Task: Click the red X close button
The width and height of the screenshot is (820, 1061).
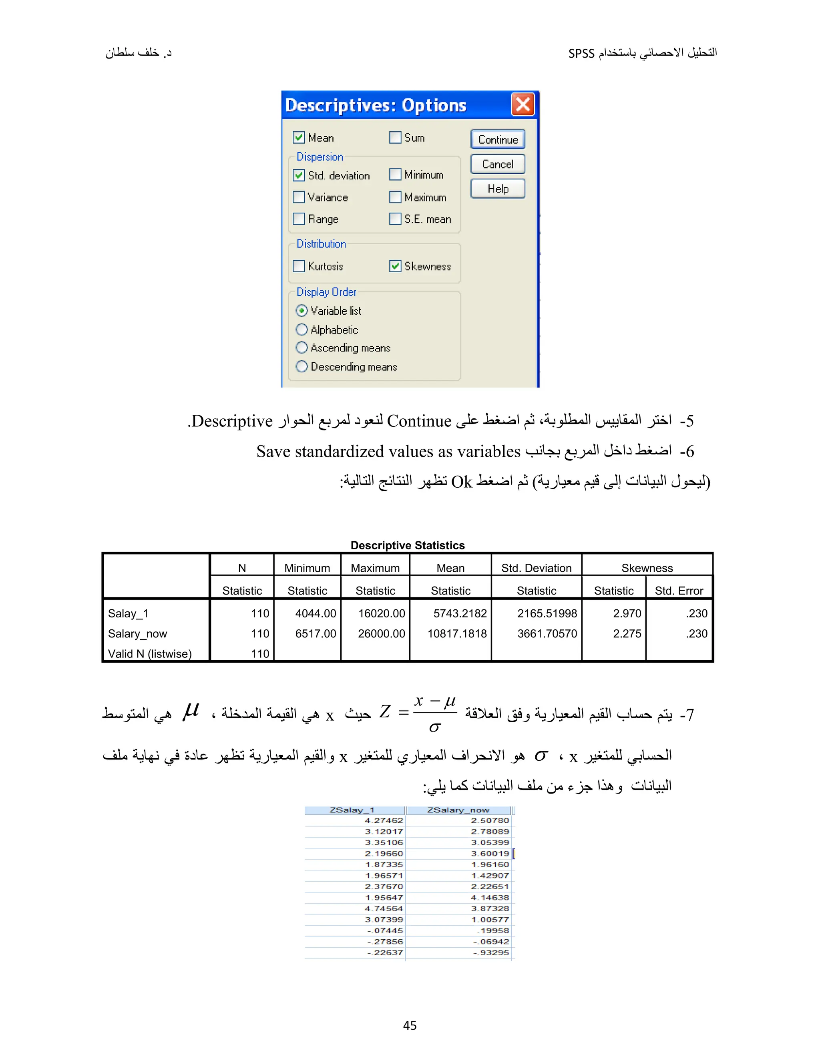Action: (x=523, y=104)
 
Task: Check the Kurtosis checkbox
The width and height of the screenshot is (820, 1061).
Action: (x=299, y=266)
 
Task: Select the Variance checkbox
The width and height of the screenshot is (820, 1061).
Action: (x=299, y=197)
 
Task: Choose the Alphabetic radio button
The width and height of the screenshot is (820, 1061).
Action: (x=301, y=330)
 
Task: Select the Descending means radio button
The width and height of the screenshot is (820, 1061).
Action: (x=301, y=366)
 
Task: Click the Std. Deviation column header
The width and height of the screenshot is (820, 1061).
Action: (x=536, y=568)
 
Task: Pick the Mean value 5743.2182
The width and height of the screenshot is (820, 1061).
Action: (x=460, y=613)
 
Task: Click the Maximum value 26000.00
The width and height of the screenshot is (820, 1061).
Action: (x=381, y=633)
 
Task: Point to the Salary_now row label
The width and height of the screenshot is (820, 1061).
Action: (x=137, y=633)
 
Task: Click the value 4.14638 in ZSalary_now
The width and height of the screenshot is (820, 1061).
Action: (x=490, y=897)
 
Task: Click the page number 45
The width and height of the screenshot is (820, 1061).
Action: (x=410, y=1025)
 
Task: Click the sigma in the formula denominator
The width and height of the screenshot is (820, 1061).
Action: (x=435, y=727)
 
